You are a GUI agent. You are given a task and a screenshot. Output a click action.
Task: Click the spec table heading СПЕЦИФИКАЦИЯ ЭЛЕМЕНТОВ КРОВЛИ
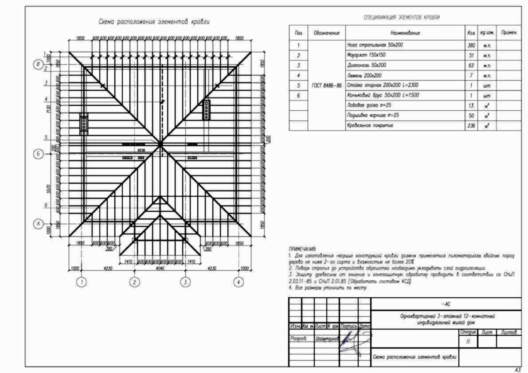(402, 18)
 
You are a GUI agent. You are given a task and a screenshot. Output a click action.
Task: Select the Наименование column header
(405, 33)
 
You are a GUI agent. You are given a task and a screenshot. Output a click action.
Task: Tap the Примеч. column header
(509, 33)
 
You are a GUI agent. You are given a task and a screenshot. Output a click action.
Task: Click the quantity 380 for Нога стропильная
(471, 45)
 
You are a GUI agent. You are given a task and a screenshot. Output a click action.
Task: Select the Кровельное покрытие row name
(370, 126)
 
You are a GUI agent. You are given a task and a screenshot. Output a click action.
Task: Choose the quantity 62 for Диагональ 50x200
(471, 66)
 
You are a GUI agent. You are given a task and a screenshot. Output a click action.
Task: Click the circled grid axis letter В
(39, 65)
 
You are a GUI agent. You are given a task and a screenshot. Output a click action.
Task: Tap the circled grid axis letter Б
(39, 154)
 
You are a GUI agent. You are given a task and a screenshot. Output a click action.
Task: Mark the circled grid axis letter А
(39, 224)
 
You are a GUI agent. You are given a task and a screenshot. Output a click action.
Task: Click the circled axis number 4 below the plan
(239, 282)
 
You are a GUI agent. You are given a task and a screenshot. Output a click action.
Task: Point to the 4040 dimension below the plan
(160, 268)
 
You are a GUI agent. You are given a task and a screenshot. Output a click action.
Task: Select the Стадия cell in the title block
(468, 332)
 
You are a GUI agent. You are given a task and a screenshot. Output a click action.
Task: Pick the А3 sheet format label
(517, 369)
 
